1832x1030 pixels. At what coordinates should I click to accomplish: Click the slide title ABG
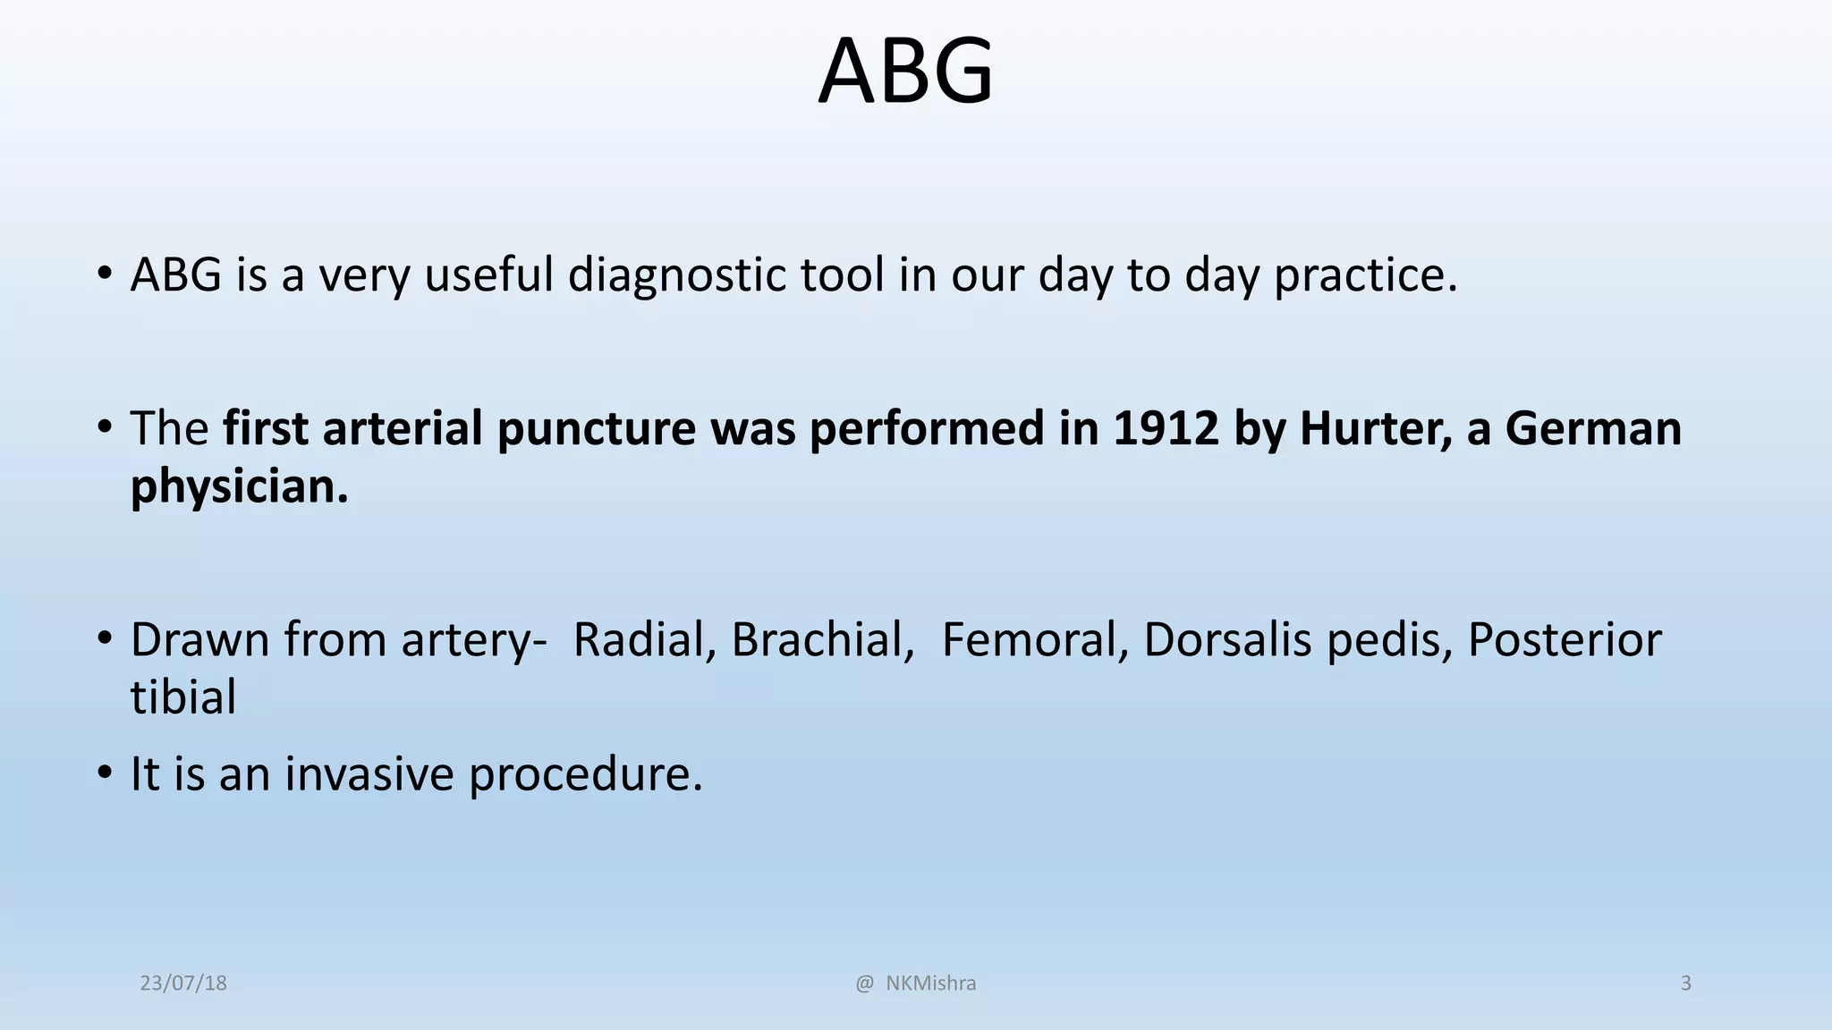click(x=905, y=72)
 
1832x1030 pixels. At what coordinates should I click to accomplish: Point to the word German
click(x=1593, y=428)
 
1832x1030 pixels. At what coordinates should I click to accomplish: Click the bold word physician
click(x=239, y=488)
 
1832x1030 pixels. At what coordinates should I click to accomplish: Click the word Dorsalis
click(x=1227, y=640)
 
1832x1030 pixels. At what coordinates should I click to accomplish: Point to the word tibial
click(x=183, y=697)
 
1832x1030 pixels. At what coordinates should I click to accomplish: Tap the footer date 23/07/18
click(x=183, y=984)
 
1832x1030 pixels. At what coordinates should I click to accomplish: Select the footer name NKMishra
click(x=930, y=984)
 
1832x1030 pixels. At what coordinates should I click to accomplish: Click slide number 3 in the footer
click(x=1685, y=984)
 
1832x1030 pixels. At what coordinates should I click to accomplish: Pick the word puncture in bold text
click(x=596, y=428)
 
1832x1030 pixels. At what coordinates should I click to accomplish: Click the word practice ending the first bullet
click(x=1365, y=274)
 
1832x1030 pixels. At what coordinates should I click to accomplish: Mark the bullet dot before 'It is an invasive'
click(x=106, y=772)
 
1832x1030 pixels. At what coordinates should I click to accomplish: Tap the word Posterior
click(x=1565, y=640)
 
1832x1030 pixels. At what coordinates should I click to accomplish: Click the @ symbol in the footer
click(x=864, y=984)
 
